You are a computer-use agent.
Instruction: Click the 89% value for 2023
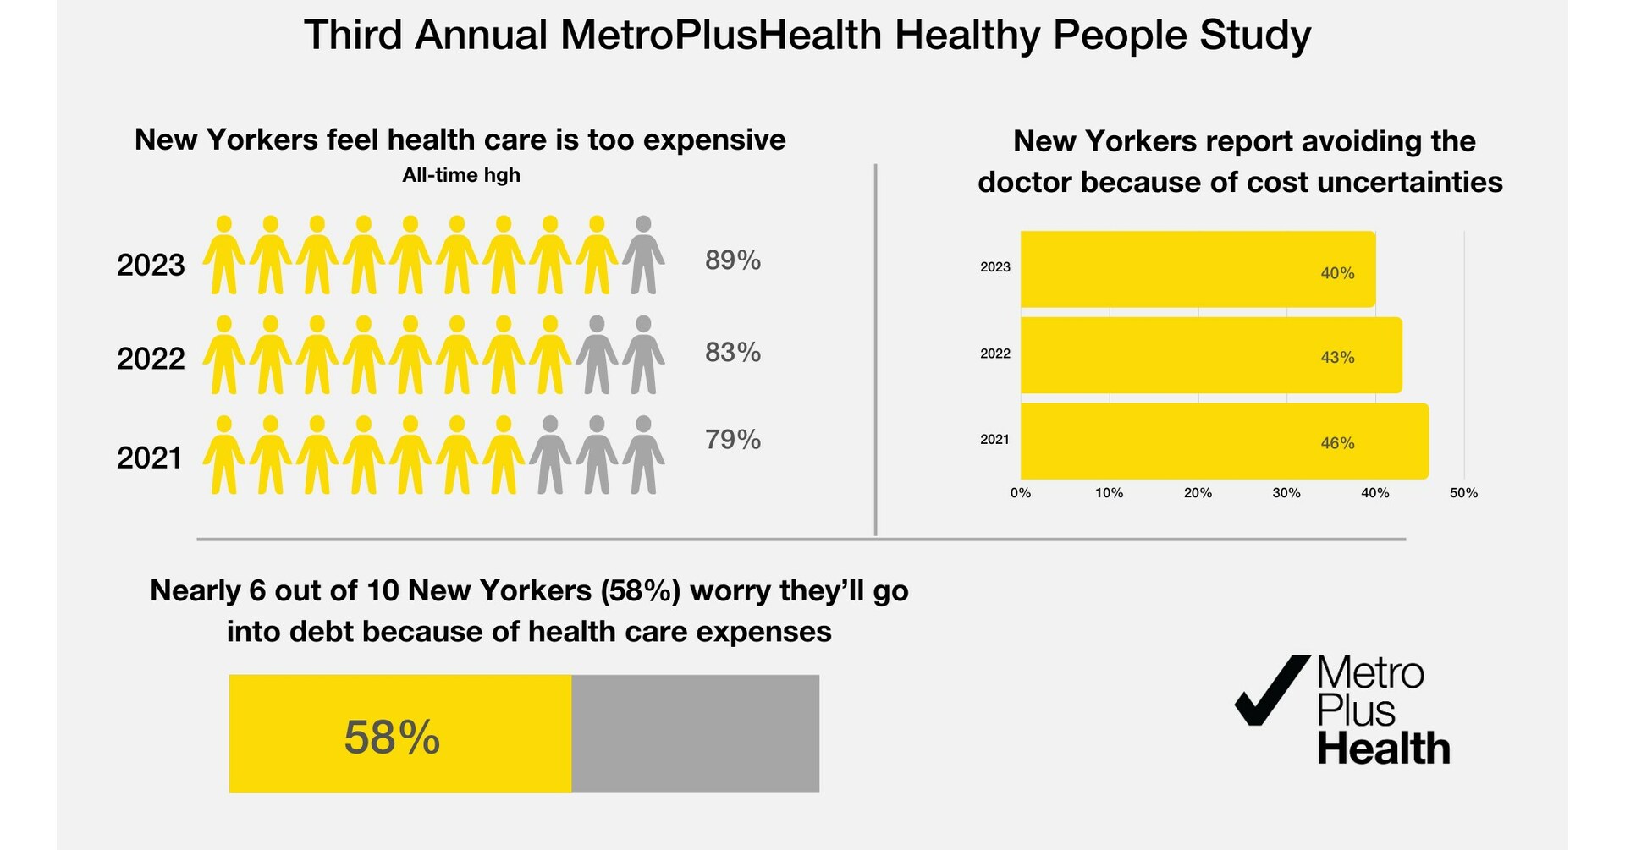pyautogui.click(x=732, y=260)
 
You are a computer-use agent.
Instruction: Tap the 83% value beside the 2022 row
pyautogui.click(x=732, y=352)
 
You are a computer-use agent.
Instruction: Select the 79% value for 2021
pyautogui.click(x=732, y=440)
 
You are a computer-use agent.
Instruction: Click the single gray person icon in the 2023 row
pyautogui.click(x=643, y=255)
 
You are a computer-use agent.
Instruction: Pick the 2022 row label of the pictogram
pyautogui.click(x=151, y=359)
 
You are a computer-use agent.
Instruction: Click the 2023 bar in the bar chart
pyautogui.click(x=1198, y=269)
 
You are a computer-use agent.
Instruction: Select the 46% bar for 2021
pyautogui.click(x=1224, y=441)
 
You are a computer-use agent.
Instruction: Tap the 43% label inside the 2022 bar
pyautogui.click(x=1337, y=358)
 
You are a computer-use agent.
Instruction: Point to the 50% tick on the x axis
pyautogui.click(x=1463, y=493)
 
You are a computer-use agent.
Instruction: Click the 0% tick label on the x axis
pyautogui.click(x=1021, y=493)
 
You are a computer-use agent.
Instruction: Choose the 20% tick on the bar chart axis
pyautogui.click(x=1198, y=493)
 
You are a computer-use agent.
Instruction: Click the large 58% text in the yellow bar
pyautogui.click(x=392, y=738)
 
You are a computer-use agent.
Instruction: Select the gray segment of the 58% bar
pyautogui.click(x=695, y=733)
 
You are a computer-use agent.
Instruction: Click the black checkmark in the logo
pyautogui.click(x=1270, y=689)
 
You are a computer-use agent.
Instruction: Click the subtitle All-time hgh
pyautogui.click(x=461, y=175)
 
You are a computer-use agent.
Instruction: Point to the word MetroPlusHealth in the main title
pyautogui.click(x=722, y=36)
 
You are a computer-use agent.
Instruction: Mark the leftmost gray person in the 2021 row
pyautogui.click(x=550, y=455)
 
